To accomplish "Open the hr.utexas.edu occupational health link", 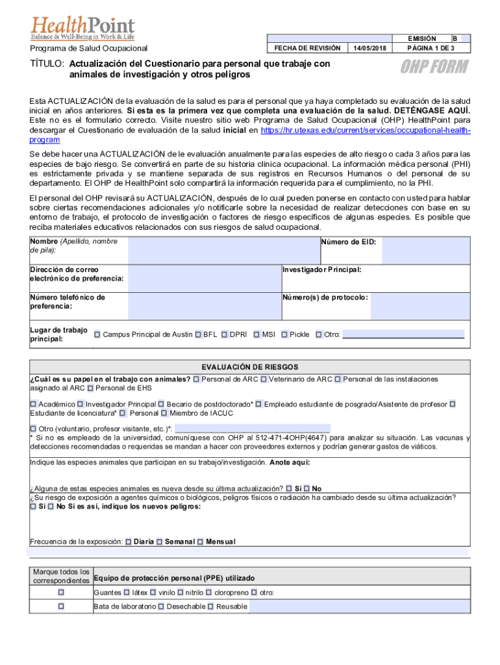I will [364, 131].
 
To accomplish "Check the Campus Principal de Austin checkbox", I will [97, 334].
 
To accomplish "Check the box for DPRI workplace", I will [224, 334].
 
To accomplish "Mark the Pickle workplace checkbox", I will [284, 334].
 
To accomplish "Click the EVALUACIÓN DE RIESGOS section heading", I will [250, 367].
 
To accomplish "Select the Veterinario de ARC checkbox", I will [264, 379].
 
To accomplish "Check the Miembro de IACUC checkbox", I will [164, 412].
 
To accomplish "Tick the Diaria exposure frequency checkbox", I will [128, 542].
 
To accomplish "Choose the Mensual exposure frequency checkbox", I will [201, 542].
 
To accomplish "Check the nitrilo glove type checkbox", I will [180, 592].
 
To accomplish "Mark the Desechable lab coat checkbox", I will [161, 607].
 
